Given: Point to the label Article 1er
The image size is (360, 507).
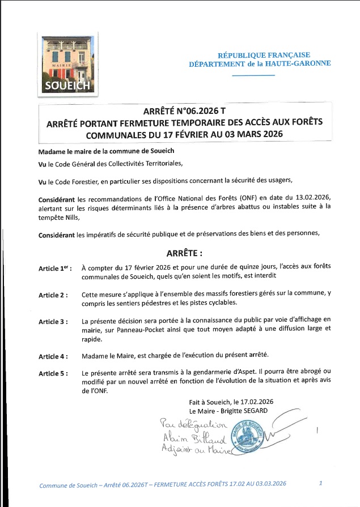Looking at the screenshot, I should click(x=55, y=268).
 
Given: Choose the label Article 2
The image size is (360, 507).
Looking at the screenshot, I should click(x=53, y=295).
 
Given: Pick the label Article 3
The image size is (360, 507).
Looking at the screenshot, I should click(x=53, y=322).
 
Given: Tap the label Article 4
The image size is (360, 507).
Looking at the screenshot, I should click(x=53, y=356).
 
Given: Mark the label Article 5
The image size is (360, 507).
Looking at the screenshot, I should click(x=53, y=374).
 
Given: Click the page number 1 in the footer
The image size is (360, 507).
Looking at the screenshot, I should click(x=321, y=483).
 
